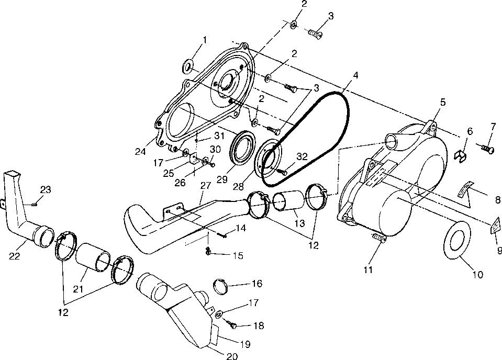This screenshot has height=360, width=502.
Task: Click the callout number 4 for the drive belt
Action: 356,75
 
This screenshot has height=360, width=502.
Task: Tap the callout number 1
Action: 205,40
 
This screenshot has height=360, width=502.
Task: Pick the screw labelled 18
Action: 233,325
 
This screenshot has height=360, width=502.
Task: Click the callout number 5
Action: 442,102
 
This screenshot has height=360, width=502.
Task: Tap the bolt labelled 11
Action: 378,239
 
